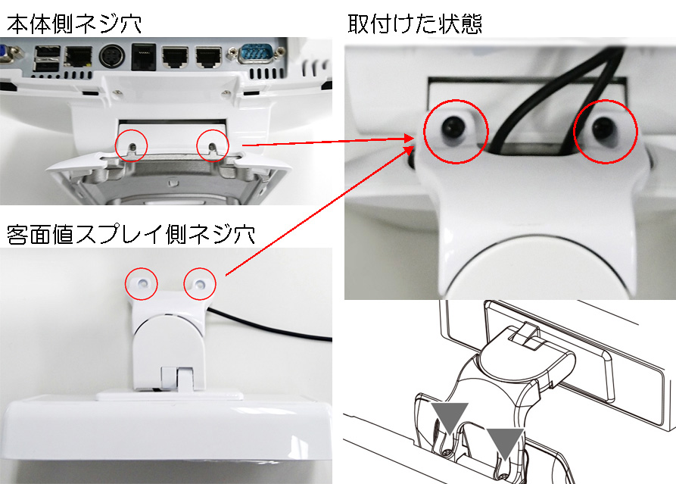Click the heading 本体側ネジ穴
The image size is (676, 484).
(x=74, y=23)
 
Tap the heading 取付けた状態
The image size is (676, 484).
(x=415, y=23)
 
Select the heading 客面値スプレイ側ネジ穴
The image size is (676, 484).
(x=131, y=234)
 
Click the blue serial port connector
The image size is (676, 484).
(x=256, y=55)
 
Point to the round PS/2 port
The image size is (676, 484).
(x=112, y=57)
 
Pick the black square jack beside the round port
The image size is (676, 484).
(x=144, y=57)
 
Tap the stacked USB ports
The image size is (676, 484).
(x=47, y=58)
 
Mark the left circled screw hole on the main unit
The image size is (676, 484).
(x=133, y=147)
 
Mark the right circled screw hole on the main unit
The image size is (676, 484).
(x=212, y=147)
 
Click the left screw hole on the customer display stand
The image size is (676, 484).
(x=142, y=283)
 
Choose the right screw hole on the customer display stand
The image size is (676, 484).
(x=200, y=284)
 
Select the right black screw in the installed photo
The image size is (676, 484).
(x=604, y=126)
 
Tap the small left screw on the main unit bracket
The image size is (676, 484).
(x=116, y=92)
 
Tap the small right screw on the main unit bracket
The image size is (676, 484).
(x=224, y=92)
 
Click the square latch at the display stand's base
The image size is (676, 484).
(x=177, y=379)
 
